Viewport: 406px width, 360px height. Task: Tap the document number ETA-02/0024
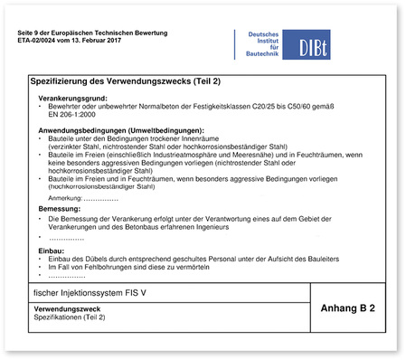[x=43, y=41]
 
